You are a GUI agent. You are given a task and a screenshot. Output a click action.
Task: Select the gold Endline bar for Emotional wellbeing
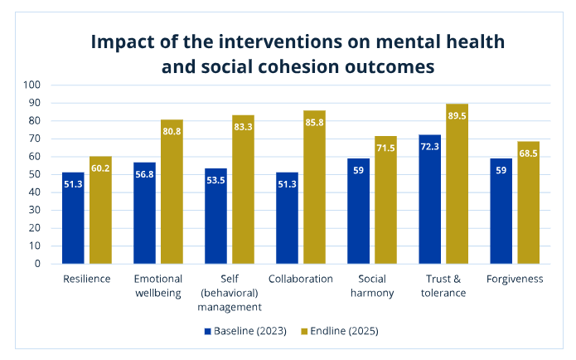point(172,192)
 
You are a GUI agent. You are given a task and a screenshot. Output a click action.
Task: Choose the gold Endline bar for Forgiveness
point(528,202)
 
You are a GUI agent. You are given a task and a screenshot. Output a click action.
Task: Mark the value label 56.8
point(144,175)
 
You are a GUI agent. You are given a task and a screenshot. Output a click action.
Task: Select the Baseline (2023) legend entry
point(245,331)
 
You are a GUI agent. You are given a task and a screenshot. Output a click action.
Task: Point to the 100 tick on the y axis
point(32,85)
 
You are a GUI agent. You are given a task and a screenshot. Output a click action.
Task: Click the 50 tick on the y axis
point(35,174)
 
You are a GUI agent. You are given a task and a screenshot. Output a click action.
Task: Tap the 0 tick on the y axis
point(38,264)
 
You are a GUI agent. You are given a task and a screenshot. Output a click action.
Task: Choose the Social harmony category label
point(371,285)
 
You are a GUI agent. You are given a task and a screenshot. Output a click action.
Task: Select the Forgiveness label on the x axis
point(515,279)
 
